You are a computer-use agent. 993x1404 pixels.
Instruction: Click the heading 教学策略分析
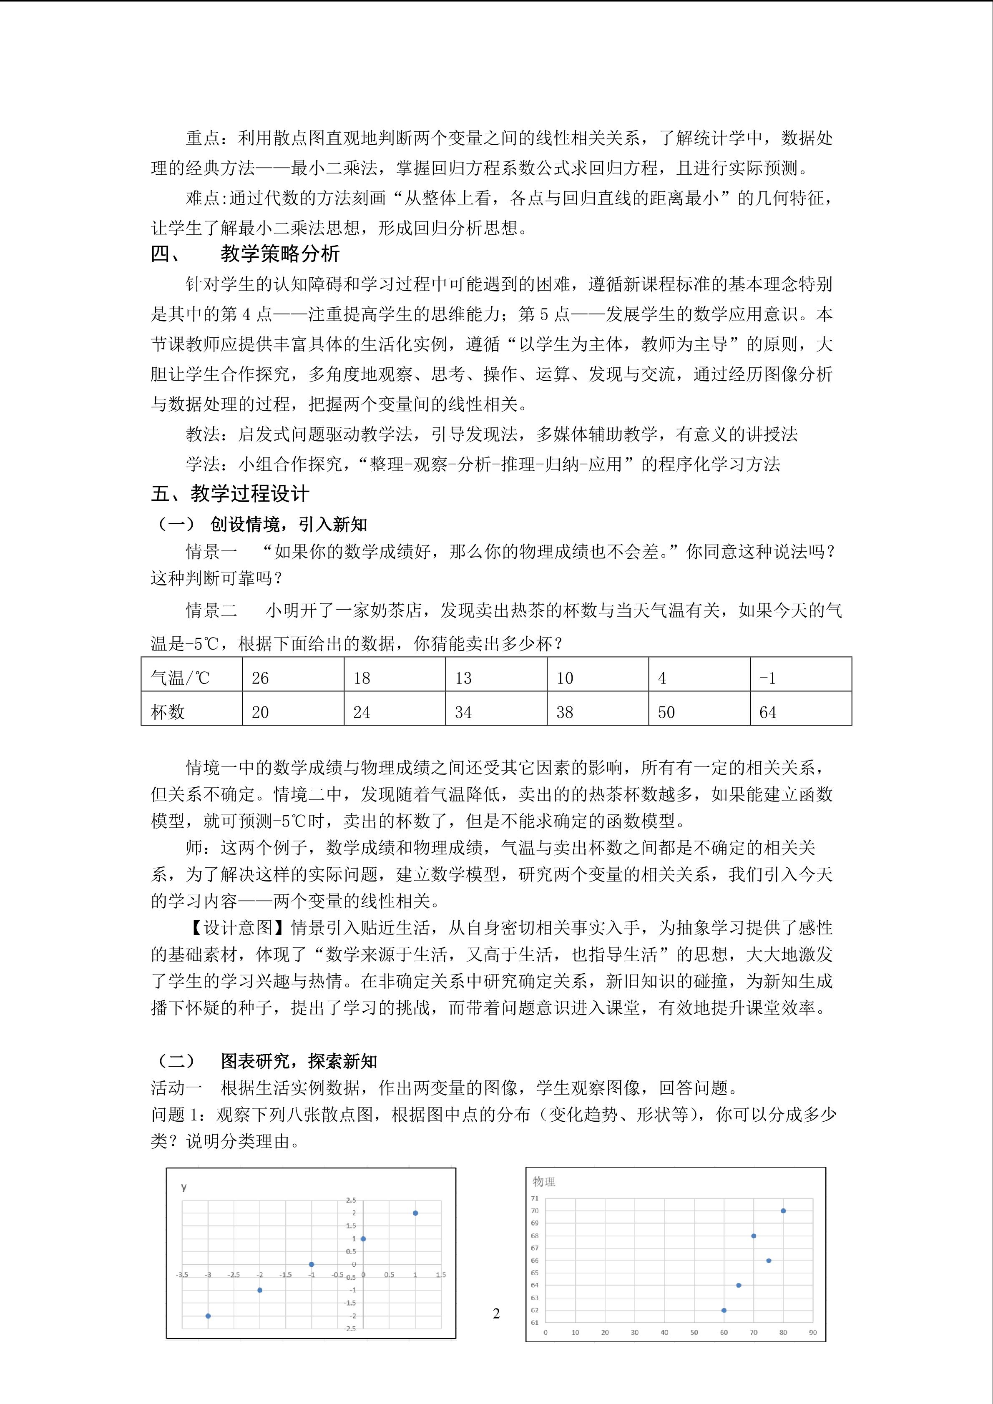click(x=280, y=254)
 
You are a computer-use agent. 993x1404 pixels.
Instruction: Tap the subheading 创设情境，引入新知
click(x=289, y=524)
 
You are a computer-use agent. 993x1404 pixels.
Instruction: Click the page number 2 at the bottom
click(x=496, y=1314)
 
